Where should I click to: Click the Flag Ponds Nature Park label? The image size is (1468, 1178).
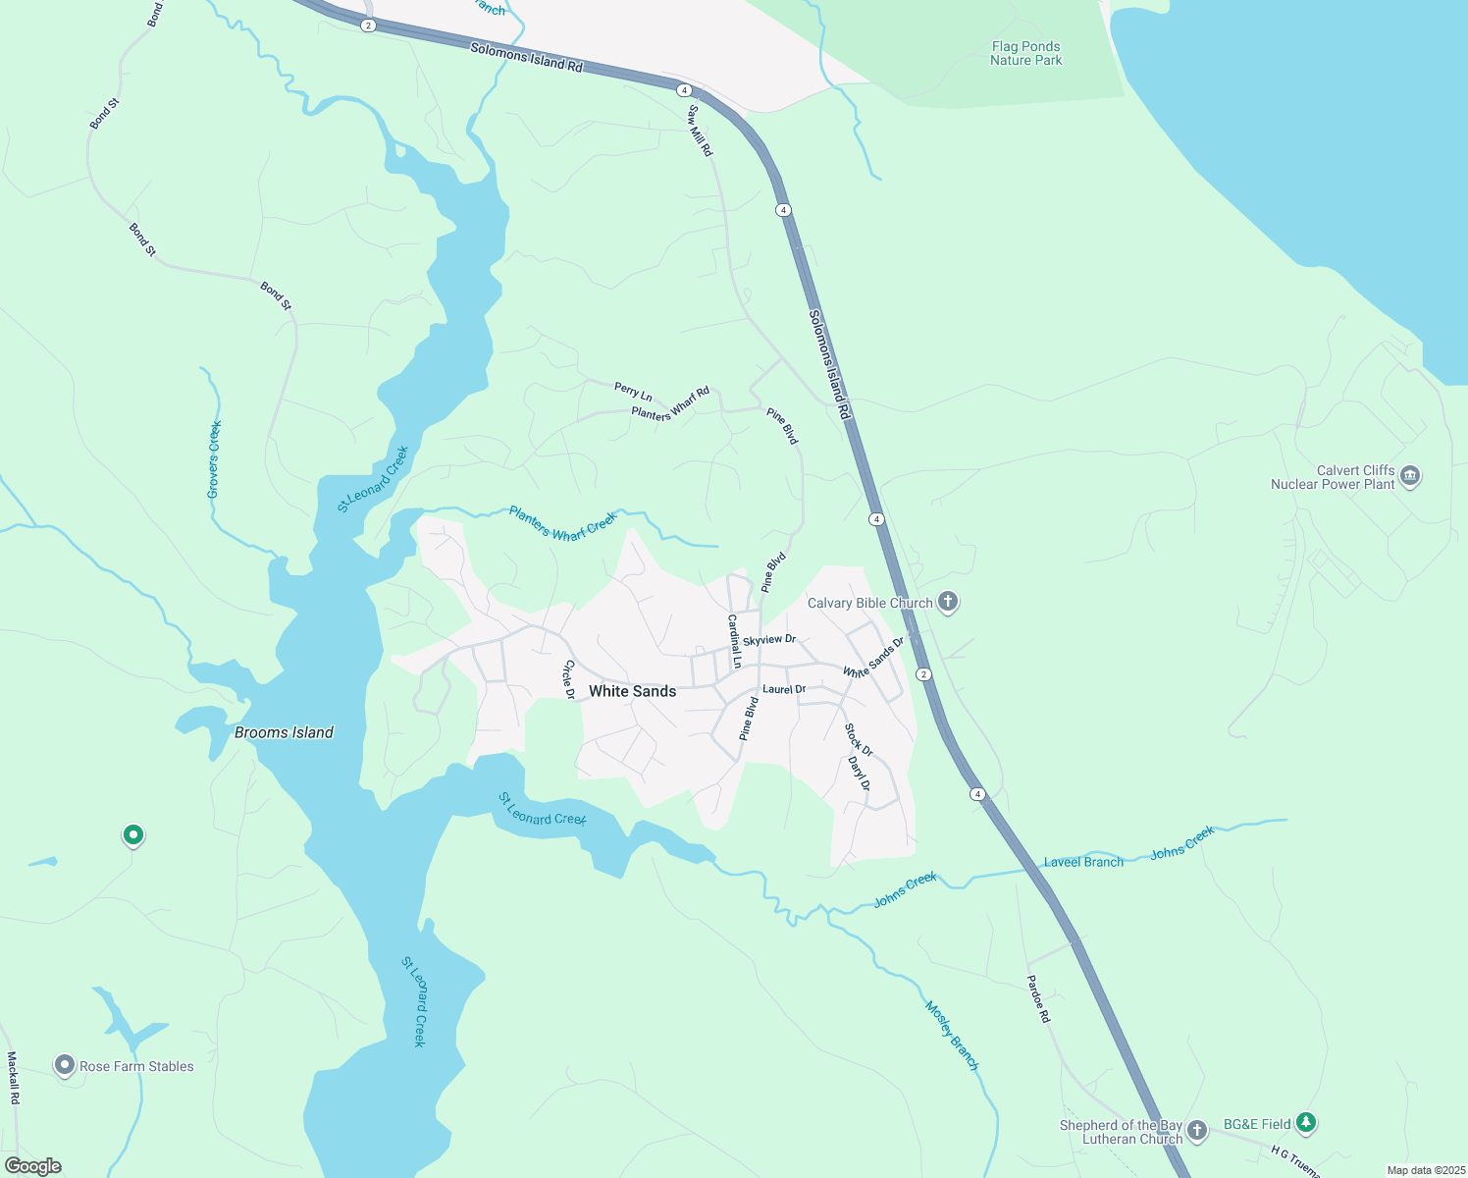(1025, 53)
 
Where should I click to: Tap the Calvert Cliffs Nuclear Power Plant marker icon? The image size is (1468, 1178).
(1410, 476)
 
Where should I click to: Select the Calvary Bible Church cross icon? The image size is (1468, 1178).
(947, 602)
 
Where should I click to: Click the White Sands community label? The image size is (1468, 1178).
(632, 691)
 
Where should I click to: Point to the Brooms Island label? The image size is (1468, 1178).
(284, 732)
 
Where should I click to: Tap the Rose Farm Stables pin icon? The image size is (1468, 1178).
(65, 1065)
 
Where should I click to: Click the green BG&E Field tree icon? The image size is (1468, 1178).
(1305, 1122)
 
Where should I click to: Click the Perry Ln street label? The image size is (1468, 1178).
(633, 391)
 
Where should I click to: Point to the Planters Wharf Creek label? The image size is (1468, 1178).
(563, 524)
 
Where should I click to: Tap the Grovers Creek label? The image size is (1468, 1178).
(214, 459)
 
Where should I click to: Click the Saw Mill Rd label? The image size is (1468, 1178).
(700, 131)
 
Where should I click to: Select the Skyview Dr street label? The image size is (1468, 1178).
(768, 640)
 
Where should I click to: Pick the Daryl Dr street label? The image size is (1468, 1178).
(859, 773)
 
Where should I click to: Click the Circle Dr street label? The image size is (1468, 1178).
(568, 679)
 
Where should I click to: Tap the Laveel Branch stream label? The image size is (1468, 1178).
(1083, 862)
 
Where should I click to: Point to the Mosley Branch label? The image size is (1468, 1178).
(952, 1036)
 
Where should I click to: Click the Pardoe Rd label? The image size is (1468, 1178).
(1038, 998)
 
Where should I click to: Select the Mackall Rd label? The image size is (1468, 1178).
(13, 1078)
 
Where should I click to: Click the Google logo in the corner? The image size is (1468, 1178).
(33, 1166)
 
